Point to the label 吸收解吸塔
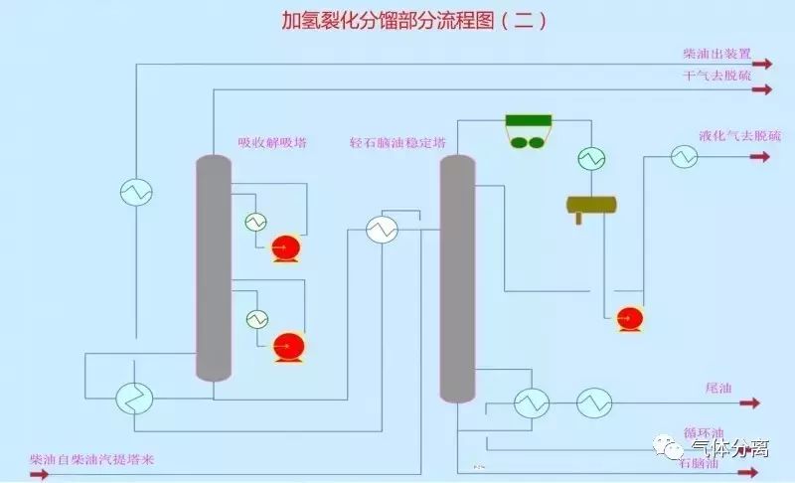[x=271, y=142]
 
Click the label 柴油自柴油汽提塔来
[x=91, y=459]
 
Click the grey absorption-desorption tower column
[x=213, y=268]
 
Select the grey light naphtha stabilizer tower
[x=457, y=278]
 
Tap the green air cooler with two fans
[x=528, y=131]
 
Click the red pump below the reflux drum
[x=628, y=318]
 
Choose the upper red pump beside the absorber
[x=287, y=246]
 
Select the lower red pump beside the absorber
[x=289, y=346]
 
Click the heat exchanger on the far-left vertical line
[x=135, y=191]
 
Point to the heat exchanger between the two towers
[x=380, y=230]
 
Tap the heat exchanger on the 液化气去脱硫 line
[x=683, y=156]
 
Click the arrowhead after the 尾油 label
[x=753, y=402]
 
